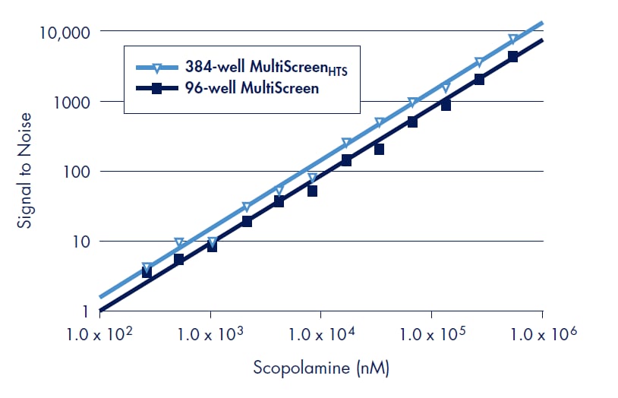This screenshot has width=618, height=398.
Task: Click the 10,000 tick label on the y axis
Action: click(63, 32)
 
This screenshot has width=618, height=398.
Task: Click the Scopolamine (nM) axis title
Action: click(321, 369)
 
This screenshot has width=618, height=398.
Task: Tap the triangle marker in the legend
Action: click(155, 67)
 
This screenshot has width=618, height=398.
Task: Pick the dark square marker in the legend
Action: click(155, 89)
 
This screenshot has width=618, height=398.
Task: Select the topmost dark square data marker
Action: click(512, 57)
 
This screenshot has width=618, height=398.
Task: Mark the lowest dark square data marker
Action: click(147, 273)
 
